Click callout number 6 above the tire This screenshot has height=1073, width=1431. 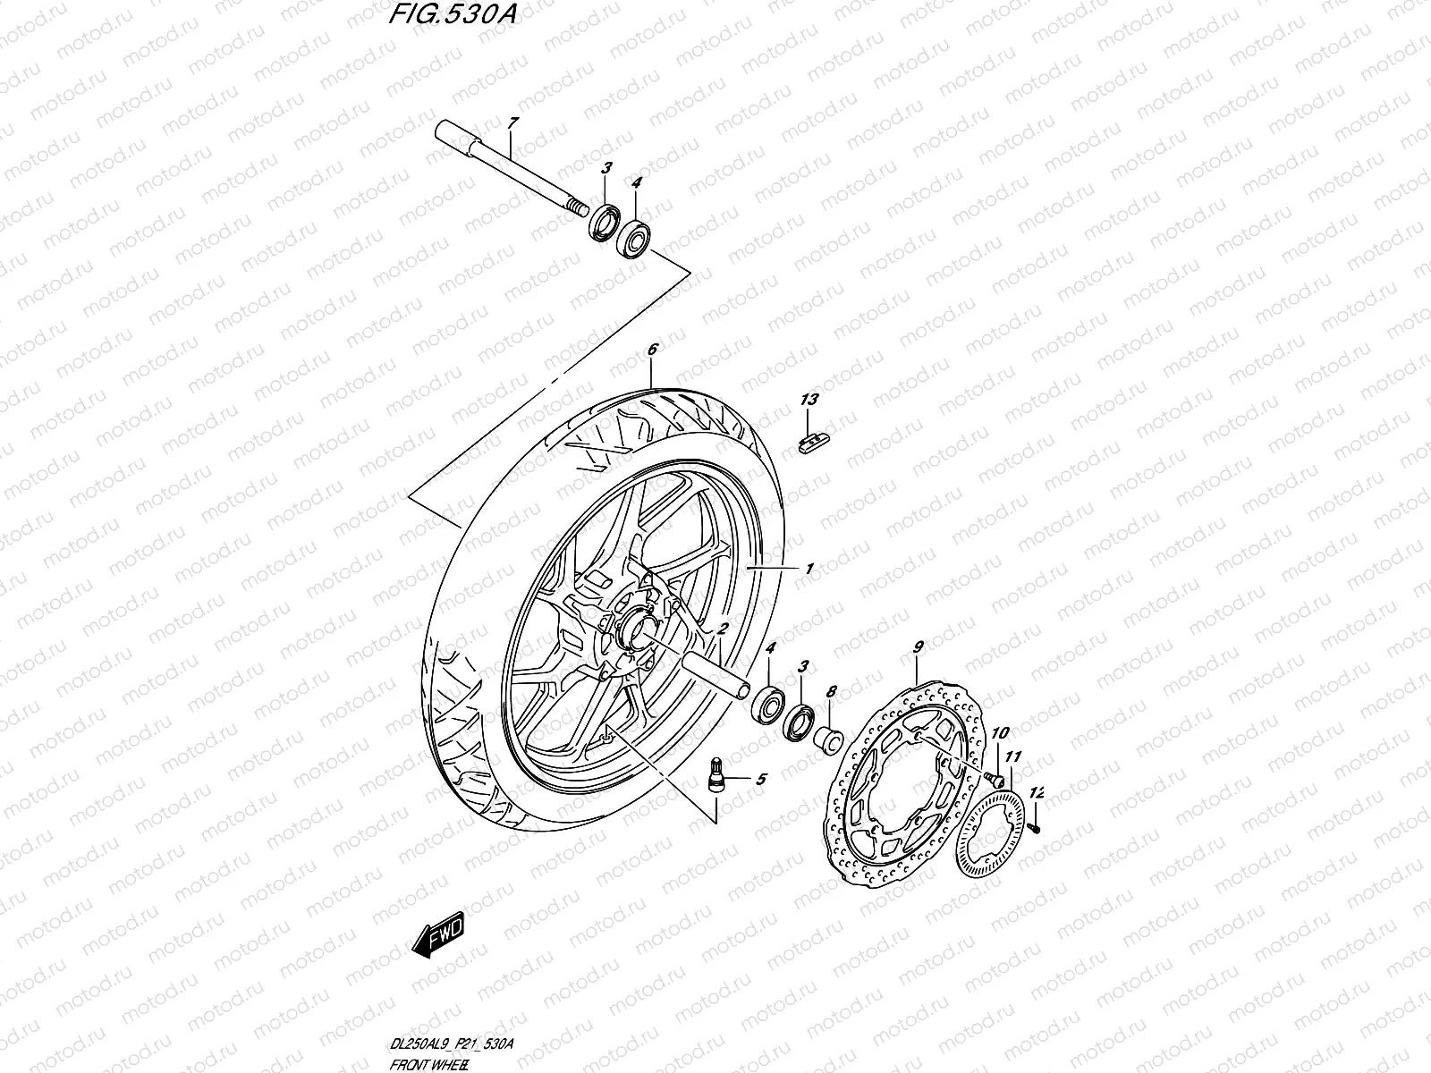(x=652, y=350)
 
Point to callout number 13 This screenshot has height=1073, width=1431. (x=809, y=400)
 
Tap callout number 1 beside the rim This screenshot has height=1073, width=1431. (x=809, y=569)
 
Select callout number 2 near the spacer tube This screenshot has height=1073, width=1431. (x=721, y=629)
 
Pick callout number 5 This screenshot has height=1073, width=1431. (x=760, y=780)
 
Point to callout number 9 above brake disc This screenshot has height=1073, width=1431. (x=918, y=646)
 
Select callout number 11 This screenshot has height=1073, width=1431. (x=1012, y=757)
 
